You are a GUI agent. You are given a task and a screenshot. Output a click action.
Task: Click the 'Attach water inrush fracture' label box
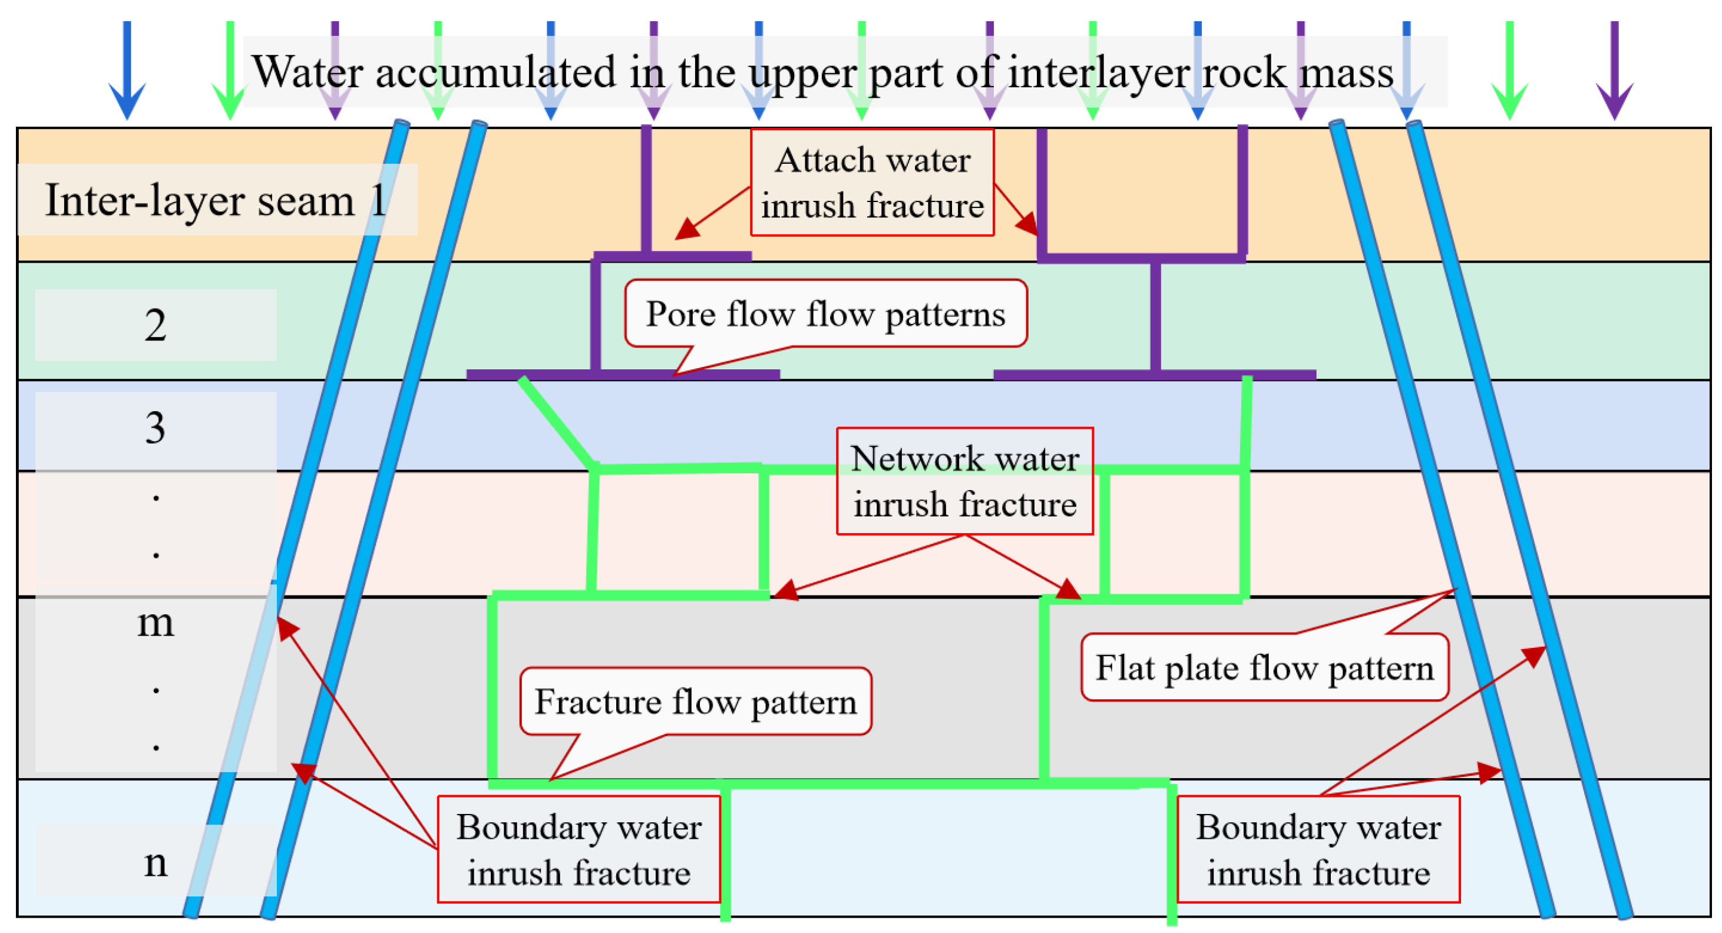point(872,183)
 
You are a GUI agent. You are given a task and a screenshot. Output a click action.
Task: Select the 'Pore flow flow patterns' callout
point(825,314)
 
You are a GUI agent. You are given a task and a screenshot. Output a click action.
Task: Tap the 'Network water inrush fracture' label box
point(964,481)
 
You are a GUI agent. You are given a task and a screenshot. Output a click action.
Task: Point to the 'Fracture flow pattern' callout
point(695,702)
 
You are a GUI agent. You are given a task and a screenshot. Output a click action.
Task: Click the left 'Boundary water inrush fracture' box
point(579,849)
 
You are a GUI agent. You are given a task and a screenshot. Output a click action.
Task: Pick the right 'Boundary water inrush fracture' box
point(1318,849)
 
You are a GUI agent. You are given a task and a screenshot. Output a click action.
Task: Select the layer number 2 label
point(155,326)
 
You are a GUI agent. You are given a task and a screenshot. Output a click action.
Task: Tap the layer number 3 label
point(155,428)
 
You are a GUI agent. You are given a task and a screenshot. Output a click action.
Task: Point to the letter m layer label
point(155,623)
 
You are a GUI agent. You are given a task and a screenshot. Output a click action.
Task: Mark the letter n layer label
point(155,863)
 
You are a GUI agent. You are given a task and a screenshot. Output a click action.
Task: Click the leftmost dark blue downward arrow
point(127,70)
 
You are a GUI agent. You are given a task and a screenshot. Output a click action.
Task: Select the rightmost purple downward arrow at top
point(1615,70)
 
